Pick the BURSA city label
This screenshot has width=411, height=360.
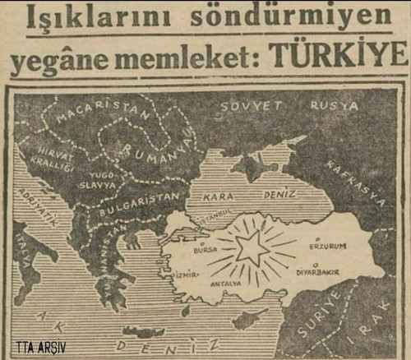coord(204,246)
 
